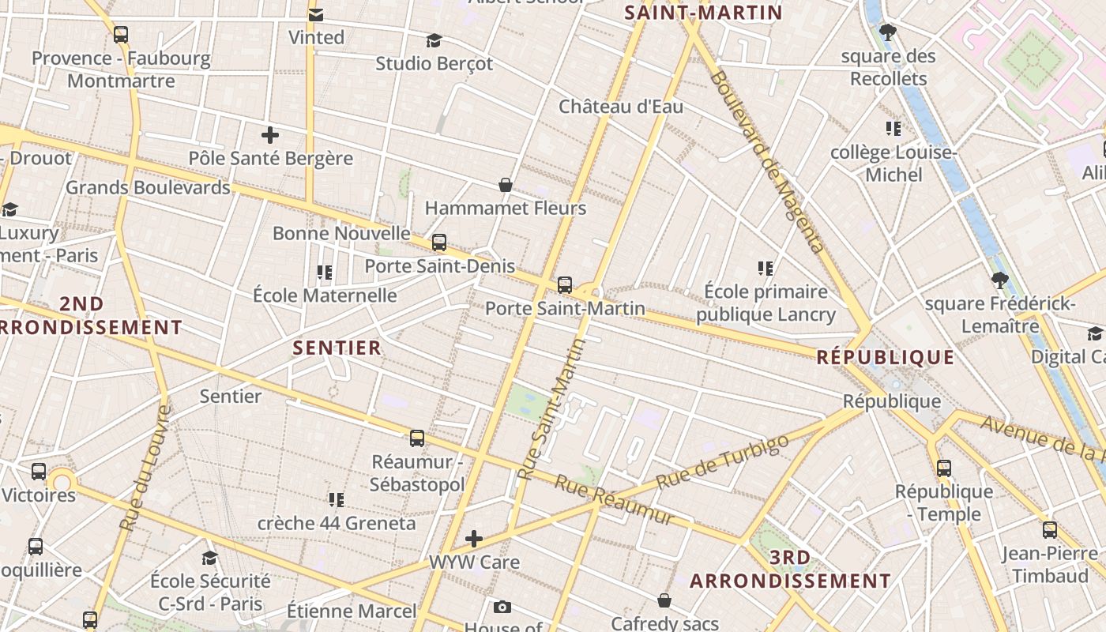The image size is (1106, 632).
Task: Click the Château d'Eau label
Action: click(621, 107)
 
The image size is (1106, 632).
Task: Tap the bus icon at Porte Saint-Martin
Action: click(564, 285)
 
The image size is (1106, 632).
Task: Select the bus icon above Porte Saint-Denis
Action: click(439, 243)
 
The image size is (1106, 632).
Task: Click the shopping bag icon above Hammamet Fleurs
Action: click(506, 185)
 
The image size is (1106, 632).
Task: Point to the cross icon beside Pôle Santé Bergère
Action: click(270, 134)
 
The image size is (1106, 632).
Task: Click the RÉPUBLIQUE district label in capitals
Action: click(885, 357)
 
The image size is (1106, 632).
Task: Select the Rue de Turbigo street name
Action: click(722, 461)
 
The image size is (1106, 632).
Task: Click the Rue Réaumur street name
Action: click(614, 499)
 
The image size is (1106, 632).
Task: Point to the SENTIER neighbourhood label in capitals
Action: click(337, 348)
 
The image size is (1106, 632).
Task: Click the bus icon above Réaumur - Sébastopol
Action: click(416, 438)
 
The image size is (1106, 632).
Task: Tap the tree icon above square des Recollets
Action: click(888, 32)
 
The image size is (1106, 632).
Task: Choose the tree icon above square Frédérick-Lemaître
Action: click(999, 280)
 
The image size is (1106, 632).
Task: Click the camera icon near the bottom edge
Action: click(502, 607)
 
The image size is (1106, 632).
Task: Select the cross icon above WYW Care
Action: click(474, 539)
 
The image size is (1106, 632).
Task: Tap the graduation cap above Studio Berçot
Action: click(434, 40)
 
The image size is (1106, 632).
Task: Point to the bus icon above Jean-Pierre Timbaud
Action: click(1049, 529)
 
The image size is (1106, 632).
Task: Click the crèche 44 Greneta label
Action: click(337, 523)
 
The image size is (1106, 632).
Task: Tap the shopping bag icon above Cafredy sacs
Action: click(664, 600)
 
